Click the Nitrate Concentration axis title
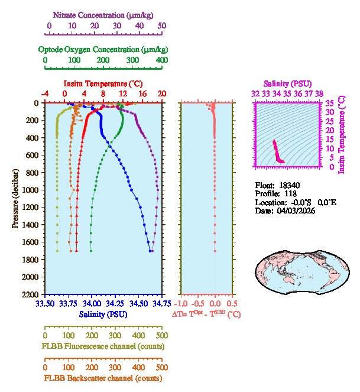tap(105, 13)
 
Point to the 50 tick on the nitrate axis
tap(162, 25)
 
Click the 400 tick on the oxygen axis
tap(161, 60)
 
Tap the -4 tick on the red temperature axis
tap(44, 93)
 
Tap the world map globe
tap(297, 268)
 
